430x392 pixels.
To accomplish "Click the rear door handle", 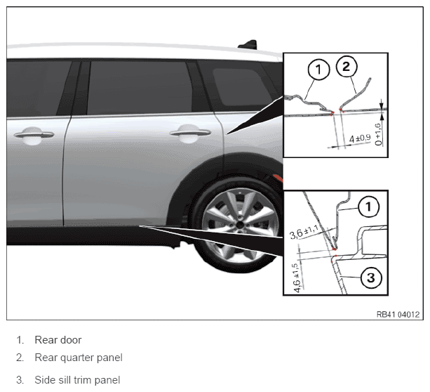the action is pyautogui.click(x=190, y=133).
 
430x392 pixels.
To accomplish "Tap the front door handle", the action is pyautogui.click(x=34, y=134).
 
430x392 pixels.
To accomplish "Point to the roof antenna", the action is pyautogui.click(x=248, y=44).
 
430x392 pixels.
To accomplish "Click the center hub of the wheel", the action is pyautogui.click(x=240, y=226).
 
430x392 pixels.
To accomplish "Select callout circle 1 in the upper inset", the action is pyautogui.click(x=318, y=70).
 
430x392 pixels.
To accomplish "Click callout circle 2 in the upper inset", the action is pyautogui.click(x=347, y=66).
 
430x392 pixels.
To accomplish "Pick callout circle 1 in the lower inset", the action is pyautogui.click(x=369, y=207).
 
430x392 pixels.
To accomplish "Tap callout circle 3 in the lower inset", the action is pyautogui.click(x=371, y=277).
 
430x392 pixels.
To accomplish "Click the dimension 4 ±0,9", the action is pyautogui.click(x=360, y=138).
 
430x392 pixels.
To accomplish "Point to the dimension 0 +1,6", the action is pyautogui.click(x=378, y=134).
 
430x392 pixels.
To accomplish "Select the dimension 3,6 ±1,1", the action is pyautogui.click(x=304, y=232).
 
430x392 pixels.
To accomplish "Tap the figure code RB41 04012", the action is pyautogui.click(x=398, y=315).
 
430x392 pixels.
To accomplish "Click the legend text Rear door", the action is pyautogui.click(x=58, y=340).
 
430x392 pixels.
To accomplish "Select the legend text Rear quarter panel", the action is pyautogui.click(x=79, y=358).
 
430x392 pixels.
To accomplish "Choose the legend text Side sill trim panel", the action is pyautogui.click(x=77, y=380).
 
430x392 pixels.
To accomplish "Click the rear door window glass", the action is pyautogui.click(x=140, y=88).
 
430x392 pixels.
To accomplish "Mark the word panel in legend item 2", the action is pyautogui.click(x=111, y=358).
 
